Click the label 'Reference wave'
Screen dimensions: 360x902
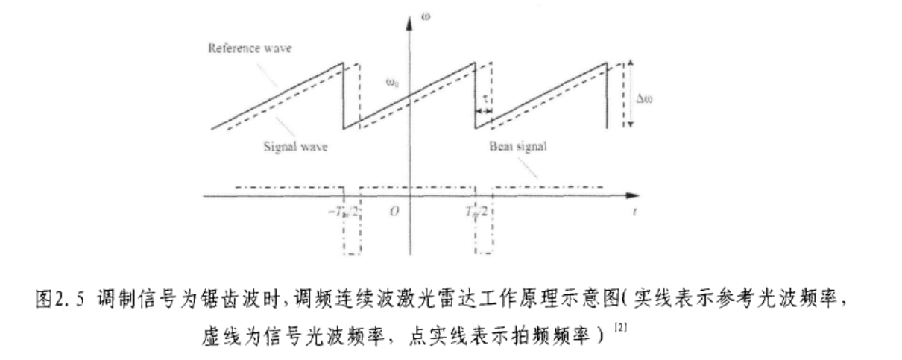[249, 48]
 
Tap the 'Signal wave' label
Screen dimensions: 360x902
[296, 147]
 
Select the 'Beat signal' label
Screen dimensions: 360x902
[518, 147]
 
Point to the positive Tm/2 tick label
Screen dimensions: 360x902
[475, 211]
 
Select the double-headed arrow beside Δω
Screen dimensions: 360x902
[631, 94]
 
